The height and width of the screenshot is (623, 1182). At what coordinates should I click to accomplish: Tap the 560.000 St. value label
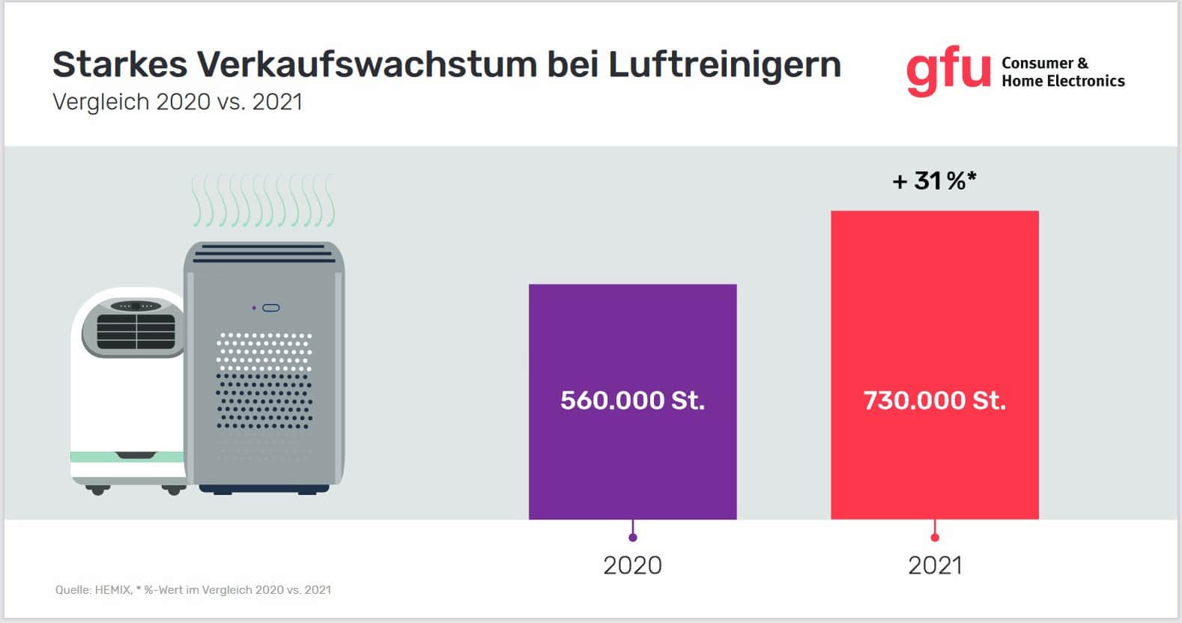(632, 401)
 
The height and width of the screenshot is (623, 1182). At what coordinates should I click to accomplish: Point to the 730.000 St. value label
(934, 401)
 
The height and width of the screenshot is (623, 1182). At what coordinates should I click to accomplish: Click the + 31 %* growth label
(934, 180)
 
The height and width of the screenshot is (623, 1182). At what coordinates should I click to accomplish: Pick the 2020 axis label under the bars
(632, 565)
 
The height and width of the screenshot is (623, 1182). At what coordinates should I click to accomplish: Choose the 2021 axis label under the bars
(935, 565)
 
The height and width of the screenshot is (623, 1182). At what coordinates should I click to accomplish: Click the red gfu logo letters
(948, 72)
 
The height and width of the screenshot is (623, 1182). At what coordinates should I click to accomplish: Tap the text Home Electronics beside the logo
(1063, 81)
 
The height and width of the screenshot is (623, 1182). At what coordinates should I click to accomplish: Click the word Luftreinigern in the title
(724, 64)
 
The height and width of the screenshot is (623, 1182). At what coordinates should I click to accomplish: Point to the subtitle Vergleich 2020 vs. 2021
(178, 102)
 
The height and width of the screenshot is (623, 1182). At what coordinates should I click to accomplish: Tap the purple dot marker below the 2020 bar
(633, 538)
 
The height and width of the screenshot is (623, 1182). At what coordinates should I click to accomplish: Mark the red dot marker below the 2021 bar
(935, 538)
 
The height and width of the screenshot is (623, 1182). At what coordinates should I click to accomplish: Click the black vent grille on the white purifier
(136, 332)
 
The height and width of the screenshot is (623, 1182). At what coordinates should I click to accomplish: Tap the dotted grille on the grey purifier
(264, 382)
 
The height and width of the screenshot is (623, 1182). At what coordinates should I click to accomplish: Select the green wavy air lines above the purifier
(263, 201)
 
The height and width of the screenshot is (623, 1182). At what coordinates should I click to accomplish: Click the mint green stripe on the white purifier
(127, 457)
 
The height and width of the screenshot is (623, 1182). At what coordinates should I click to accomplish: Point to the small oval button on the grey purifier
(271, 308)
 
